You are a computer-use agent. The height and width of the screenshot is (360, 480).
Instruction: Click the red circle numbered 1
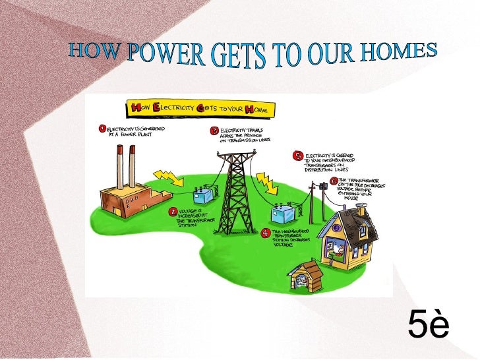pos(102,128)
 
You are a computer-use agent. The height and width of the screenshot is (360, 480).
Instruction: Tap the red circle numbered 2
pos(173,212)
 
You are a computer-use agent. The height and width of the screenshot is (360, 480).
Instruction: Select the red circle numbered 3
pos(214,130)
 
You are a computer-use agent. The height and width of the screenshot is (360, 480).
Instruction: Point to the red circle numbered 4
pos(265,232)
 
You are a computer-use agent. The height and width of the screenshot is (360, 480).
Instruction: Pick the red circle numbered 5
pos(298,156)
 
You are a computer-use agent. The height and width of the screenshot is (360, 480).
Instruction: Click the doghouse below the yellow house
pos(307,276)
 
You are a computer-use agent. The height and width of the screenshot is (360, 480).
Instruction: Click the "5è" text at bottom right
pos(428,324)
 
